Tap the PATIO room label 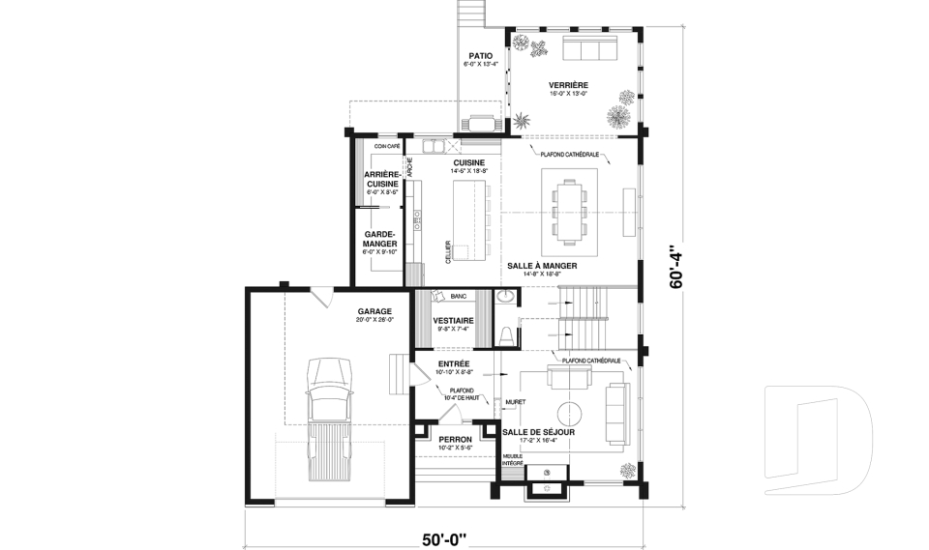(x=481, y=56)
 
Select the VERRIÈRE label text (x=569, y=85)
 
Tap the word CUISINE (x=468, y=162)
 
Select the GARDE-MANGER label (x=380, y=239)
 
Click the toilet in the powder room (x=506, y=334)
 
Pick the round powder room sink (x=506, y=298)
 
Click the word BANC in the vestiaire (x=459, y=296)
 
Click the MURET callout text (x=515, y=400)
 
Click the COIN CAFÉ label (x=374, y=146)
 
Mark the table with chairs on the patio (x=481, y=122)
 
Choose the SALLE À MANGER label (x=542, y=266)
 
